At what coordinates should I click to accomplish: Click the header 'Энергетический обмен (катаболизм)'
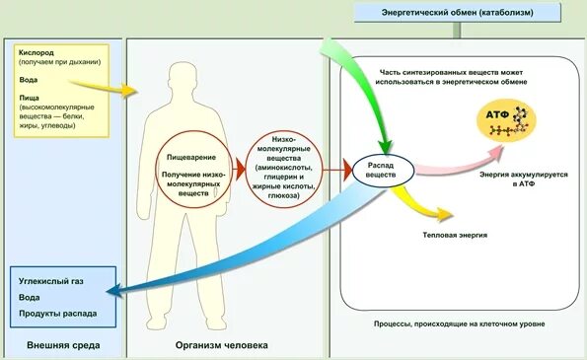[x=453, y=12]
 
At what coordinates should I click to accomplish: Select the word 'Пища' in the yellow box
[x=30, y=99]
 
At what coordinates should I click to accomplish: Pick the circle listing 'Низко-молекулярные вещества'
[x=286, y=169]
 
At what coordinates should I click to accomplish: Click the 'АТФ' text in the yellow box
[x=496, y=116]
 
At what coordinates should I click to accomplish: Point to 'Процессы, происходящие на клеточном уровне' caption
[x=460, y=324]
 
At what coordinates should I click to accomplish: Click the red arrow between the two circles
[x=237, y=169]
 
